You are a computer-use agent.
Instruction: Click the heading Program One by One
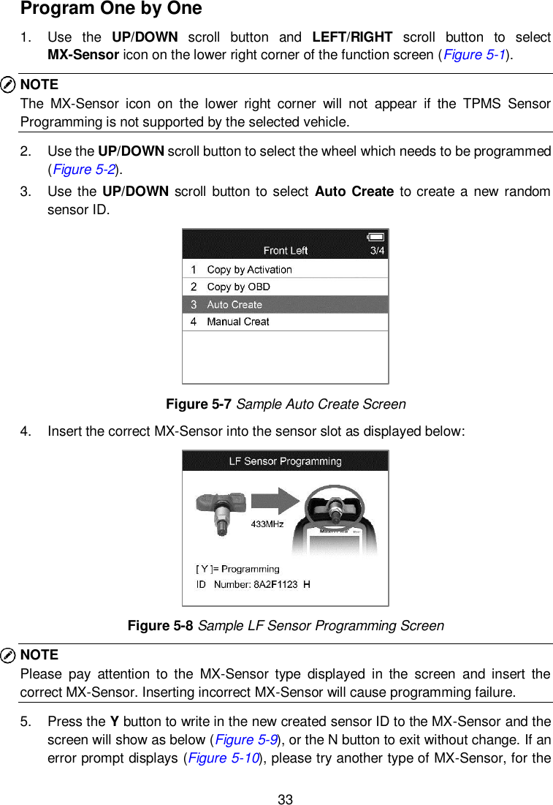111,10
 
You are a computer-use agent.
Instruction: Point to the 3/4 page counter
377,251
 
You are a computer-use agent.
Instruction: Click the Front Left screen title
286,251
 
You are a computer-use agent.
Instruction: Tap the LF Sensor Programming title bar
285,461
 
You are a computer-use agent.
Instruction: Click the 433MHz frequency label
267,524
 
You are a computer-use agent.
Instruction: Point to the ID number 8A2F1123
276,584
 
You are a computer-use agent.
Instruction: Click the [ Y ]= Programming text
237,569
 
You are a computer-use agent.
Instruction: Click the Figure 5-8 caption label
161,626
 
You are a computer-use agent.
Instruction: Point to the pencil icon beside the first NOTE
9,85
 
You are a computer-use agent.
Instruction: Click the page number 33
285,799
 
